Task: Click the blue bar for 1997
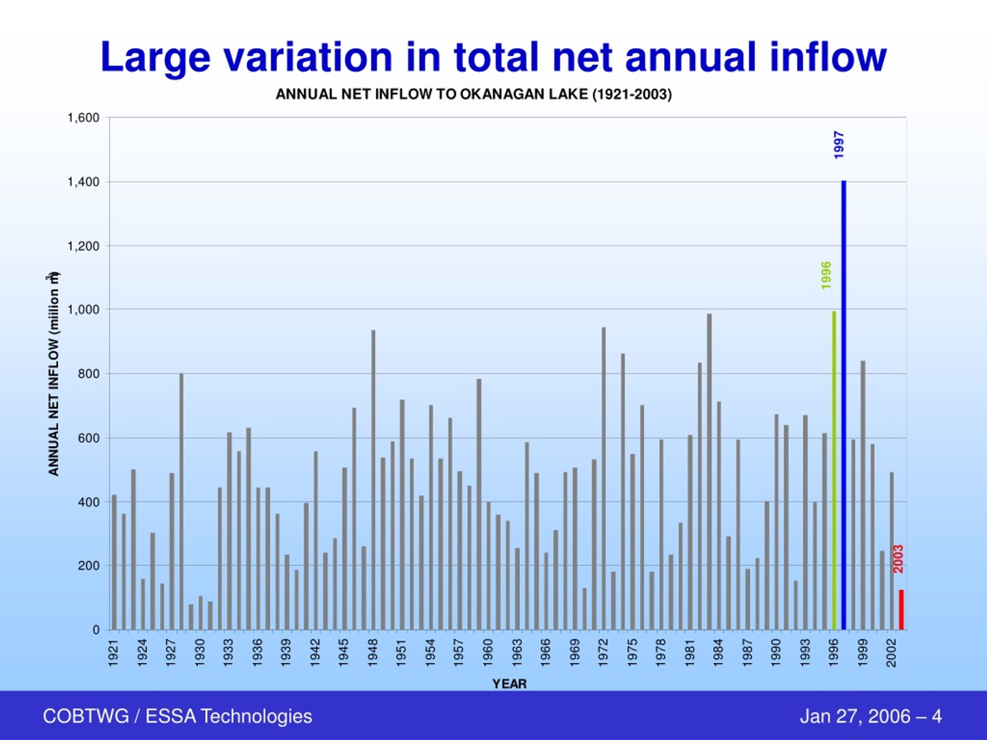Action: (844, 405)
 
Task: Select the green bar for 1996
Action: (834, 470)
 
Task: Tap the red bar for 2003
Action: (901, 610)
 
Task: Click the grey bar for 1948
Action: (374, 480)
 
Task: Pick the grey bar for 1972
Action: (604, 479)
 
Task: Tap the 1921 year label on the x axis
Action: (114, 653)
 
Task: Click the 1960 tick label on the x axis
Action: (488, 653)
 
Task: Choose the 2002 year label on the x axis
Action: (892, 653)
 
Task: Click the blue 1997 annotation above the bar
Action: (839, 145)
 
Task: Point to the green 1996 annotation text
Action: (826, 275)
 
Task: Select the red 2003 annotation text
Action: (899, 559)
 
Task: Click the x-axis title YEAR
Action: (510, 684)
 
